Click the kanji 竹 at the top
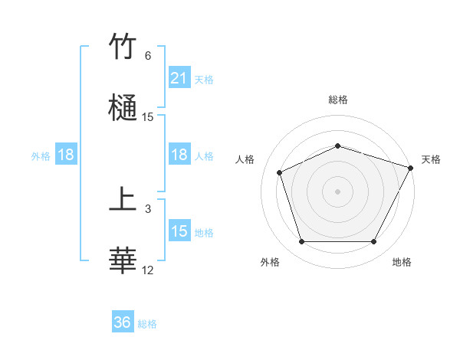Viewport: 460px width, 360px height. tap(123, 47)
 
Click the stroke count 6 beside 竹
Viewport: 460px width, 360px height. tap(148, 56)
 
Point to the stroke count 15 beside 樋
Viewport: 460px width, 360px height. tap(148, 117)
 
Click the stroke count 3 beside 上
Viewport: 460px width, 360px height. tap(148, 208)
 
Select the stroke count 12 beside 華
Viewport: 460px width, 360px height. tap(148, 270)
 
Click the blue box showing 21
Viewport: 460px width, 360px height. tap(179, 78)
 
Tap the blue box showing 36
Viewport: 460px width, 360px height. tap(123, 323)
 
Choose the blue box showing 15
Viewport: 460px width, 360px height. tap(179, 231)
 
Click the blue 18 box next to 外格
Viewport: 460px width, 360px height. tap(66, 155)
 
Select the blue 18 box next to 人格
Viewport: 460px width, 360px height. tap(179, 155)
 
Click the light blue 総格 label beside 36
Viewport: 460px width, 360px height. tap(147, 324)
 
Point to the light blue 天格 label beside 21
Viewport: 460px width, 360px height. tap(204, 79)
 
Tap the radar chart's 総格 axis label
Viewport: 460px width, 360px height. tap(337, 100)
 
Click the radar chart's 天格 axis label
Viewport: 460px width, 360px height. tap(431, 159)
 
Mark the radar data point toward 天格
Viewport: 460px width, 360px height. tap(412, 167)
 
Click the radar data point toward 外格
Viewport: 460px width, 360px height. tap(301, 242)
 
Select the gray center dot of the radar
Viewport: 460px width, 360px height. tap(337, 191)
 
